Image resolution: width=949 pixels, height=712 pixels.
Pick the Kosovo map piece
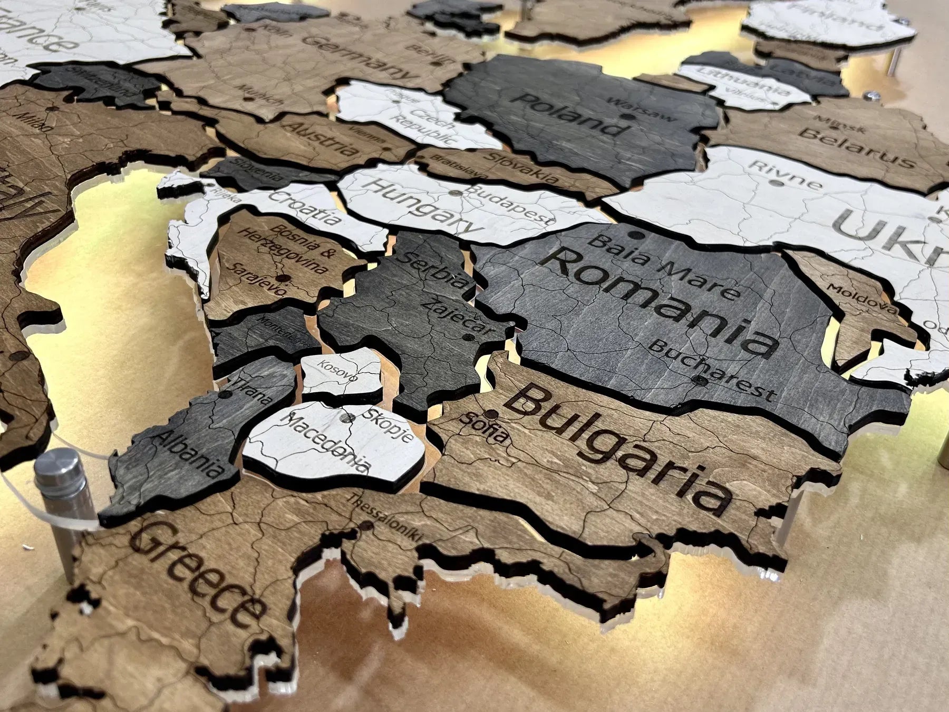[340, 372]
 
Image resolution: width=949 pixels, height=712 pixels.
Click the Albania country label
[187, 454]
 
